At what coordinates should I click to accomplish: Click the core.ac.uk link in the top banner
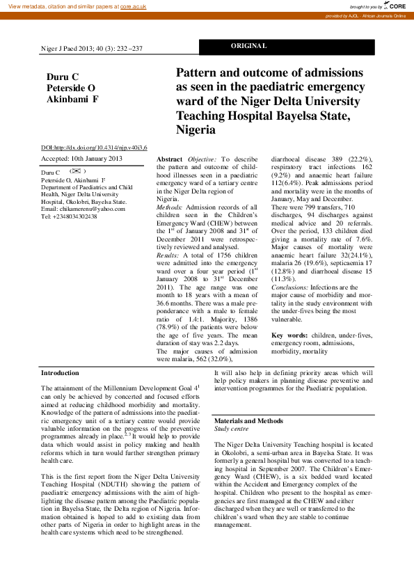click(133, 6)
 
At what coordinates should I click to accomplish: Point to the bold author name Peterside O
click(70, 88)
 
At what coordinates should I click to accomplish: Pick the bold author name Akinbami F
click(72, 100)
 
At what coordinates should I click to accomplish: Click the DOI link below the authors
click(94, 148)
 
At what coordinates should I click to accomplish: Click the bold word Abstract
click(170, 159)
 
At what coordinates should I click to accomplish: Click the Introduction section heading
click(61, 374)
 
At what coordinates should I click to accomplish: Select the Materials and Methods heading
click(248, 421)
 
